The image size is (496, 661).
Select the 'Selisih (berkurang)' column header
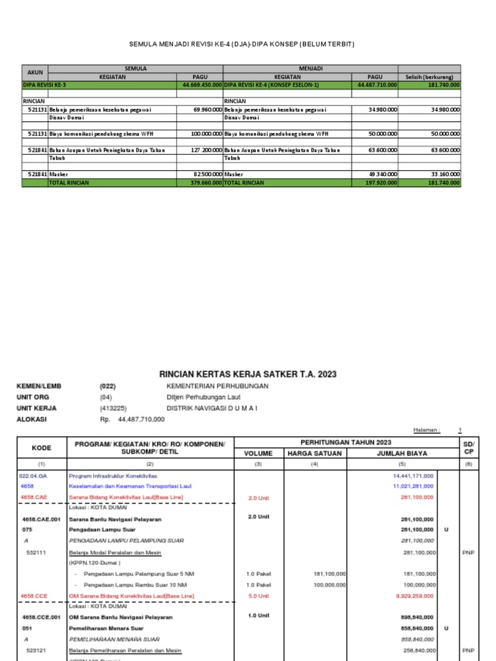429,77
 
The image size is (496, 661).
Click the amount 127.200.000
205,150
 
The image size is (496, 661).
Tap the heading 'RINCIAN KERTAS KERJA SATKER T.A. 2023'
248,374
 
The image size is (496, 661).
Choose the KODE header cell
41,448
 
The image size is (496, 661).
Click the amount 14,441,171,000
413,475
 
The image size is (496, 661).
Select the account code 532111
36,553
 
